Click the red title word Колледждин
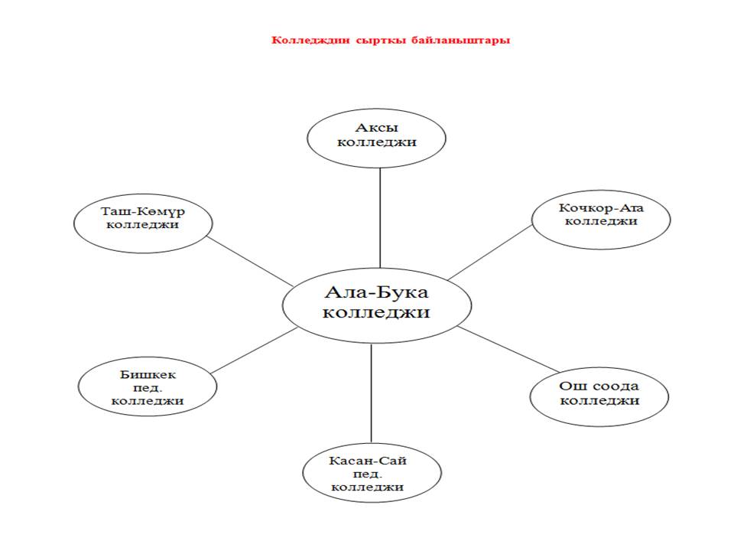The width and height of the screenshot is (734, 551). point(310,41)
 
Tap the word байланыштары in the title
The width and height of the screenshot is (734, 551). point(460,41)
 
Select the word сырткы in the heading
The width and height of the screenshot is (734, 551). point(381,41)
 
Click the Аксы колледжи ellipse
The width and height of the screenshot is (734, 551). point(376,139)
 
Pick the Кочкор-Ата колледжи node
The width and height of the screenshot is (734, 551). point(601,220)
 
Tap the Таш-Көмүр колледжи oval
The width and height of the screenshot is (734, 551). point(143,223)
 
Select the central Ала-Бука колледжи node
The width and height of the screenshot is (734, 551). point(377,305)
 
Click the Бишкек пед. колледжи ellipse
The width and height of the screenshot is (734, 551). point(148,386)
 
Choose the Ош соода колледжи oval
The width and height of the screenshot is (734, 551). point(599,397)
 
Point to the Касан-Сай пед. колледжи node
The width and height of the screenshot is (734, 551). point(372,473)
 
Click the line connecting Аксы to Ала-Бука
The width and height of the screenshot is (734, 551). point(380,218)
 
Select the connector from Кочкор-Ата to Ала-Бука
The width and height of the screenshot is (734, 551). point(490,253)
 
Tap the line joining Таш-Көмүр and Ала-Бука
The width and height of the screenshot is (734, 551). point(250,261)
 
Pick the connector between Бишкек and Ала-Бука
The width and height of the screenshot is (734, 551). point(254,351)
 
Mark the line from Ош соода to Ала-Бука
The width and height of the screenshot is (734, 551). point(508,349)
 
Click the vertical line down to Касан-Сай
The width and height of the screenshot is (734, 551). point(372,393)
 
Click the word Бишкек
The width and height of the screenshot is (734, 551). point(148,375)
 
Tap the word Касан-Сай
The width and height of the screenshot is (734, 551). point(368,461)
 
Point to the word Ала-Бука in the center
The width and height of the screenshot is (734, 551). point(376,292)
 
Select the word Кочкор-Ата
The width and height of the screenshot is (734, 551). point(601,207)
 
